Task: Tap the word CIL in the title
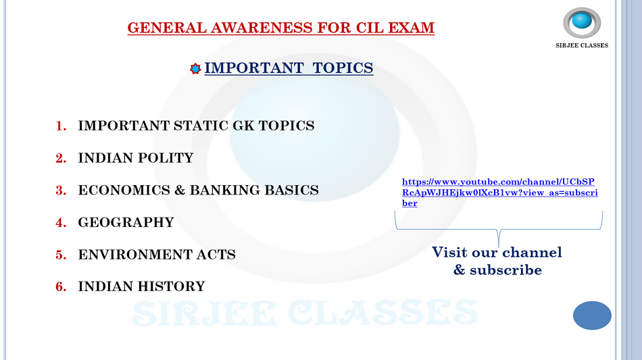point(370,28)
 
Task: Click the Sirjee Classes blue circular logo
point(582,22)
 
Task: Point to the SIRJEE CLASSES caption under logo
point(582,45)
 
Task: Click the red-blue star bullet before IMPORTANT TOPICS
point(195,69)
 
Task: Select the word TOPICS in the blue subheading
point(343,68)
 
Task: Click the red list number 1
point(61,126)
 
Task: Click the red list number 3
point(61,190)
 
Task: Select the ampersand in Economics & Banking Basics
point(180,190)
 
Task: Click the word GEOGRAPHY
point(126,222)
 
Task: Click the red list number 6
point(61,286)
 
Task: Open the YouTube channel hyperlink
point(499,192)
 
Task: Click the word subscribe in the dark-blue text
point(505,270)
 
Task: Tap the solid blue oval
point(592,315)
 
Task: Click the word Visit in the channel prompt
point(449,252)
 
